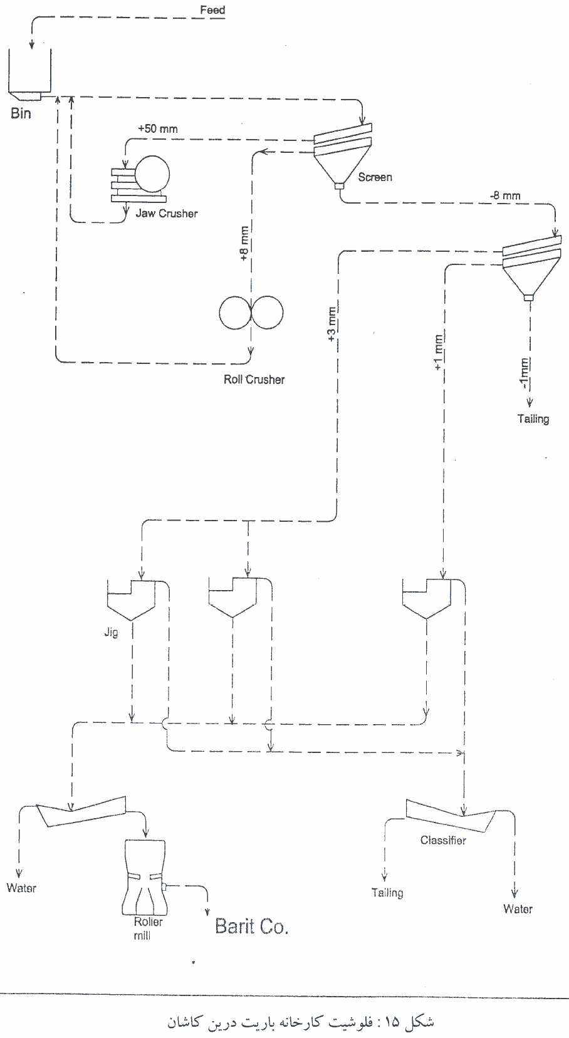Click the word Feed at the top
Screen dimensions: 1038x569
212,10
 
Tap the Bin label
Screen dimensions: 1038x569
21,114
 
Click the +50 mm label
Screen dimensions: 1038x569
158,129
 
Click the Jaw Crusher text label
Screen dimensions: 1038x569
167,214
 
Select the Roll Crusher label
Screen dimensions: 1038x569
254,380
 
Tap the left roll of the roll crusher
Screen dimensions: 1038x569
234,312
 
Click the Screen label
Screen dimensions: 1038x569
375,177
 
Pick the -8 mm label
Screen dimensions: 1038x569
505,195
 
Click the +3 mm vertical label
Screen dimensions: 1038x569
332,324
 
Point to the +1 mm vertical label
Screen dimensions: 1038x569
439,352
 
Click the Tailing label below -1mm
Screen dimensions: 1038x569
533,419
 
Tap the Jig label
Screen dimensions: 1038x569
111,633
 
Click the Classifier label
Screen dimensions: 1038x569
443,841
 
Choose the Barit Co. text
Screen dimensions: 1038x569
251,926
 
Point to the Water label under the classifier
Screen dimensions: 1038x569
518,909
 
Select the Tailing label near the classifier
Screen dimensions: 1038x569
387,893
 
